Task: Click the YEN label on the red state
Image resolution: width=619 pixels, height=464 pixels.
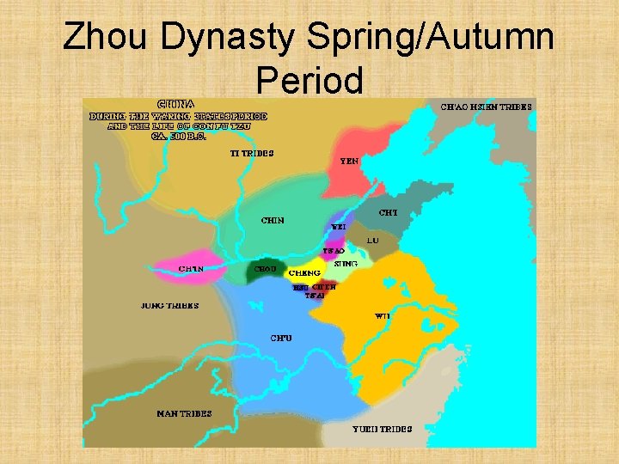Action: (350, 161)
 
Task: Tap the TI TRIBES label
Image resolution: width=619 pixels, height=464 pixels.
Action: (252, 154)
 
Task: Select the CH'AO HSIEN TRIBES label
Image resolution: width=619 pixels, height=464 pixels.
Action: (486, 107)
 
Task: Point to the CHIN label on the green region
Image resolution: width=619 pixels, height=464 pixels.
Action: (273, 220)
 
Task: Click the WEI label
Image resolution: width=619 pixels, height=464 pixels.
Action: (339, 228)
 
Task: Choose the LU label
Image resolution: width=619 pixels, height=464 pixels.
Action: (372, 241)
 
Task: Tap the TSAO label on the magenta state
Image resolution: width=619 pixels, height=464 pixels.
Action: (334, 251)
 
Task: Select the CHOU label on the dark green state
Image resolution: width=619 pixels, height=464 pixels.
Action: (265, 269)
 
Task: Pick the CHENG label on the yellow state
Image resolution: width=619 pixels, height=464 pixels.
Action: (304, 272)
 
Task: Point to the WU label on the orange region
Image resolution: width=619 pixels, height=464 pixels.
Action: (383, 315)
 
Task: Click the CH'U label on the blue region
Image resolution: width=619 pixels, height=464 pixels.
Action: (281, 337)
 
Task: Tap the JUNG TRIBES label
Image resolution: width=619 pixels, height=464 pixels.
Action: (169, 305)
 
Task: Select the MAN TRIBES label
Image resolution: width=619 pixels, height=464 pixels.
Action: (184, 414)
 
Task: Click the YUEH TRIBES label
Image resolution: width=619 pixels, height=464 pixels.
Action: (382, 429)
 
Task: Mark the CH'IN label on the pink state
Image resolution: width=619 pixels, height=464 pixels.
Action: (191, 269)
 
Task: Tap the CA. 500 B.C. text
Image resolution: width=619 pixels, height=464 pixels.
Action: (179, 137)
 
